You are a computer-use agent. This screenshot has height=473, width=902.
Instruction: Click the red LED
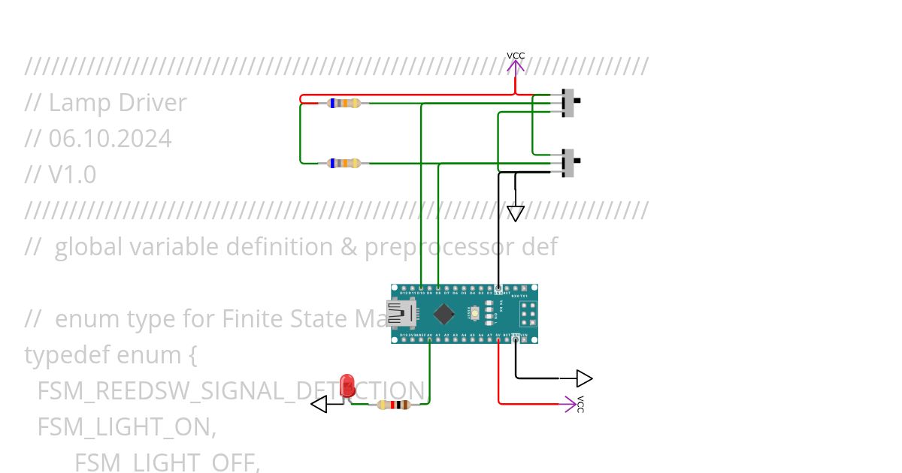347,386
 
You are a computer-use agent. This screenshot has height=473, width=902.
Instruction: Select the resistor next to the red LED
393,405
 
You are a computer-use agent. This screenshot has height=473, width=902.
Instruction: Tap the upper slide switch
570,103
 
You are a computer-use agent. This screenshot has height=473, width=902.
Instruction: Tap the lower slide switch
570,163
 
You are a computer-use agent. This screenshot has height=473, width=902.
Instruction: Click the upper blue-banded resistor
345,103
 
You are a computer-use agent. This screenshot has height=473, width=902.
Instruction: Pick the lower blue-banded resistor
345,163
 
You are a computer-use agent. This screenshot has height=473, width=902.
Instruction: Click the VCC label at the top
516,56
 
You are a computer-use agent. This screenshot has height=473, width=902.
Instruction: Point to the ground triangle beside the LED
319,405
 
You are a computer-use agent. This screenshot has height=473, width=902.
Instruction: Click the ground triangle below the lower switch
515,213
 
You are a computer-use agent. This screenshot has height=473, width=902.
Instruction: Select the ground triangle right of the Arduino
583,378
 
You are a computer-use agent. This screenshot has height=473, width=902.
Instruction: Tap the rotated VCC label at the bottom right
580,404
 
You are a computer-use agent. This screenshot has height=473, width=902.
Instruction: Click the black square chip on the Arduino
444,314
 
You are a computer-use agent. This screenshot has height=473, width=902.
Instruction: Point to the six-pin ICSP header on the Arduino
527,314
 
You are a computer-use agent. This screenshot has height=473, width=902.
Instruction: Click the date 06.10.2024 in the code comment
110,139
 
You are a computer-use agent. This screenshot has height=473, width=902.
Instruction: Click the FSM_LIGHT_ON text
126,427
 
